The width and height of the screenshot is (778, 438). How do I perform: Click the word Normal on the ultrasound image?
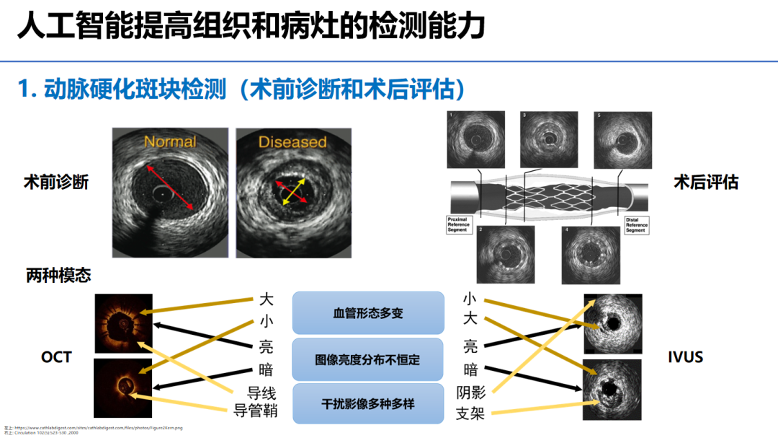[x=170, y=141]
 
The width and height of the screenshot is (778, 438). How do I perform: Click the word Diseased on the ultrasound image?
[x=292, y=141]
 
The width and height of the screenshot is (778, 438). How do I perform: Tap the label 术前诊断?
[x=56, y=182]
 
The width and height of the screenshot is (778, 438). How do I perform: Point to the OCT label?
[x=56, y=356]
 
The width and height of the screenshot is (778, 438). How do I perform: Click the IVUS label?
[x=686, y=356]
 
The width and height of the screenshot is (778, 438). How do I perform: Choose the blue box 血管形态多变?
[x=367, y=313]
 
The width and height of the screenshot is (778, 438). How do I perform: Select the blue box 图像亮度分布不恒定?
[x=367, y=359]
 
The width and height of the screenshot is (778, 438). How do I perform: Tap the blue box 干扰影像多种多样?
[x=367, y=403]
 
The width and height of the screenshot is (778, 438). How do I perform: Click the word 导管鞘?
[x=256, y=411]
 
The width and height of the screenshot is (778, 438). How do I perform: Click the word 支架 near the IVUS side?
[x=470, y=413]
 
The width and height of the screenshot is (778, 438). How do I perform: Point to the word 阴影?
[x=470, y=393]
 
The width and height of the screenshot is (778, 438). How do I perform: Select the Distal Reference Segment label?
[x=635, y=224]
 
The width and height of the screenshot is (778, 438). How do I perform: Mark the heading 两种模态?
[x=58, y=275]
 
